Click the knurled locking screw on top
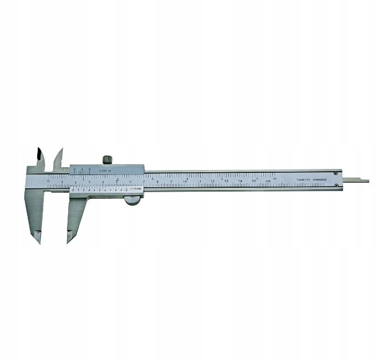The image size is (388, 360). coord(107,160)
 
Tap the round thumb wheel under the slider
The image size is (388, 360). coord(132,200)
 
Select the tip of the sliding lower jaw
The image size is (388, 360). coord(70,237)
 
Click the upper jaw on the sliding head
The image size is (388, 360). coord(58,159)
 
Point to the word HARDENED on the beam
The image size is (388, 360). coord(321,180)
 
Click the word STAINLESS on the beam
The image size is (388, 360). coord(304,180)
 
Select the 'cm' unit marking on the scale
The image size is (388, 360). coord(268,181)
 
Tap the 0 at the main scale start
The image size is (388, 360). coord(49,181)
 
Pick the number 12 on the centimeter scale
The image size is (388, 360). coord(213,181)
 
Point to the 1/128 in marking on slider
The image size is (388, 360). coord(104,171)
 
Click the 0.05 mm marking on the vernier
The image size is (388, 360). coord(136,189)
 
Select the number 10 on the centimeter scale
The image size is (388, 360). coord(185,181)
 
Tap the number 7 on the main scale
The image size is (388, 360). coord(144,181)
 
